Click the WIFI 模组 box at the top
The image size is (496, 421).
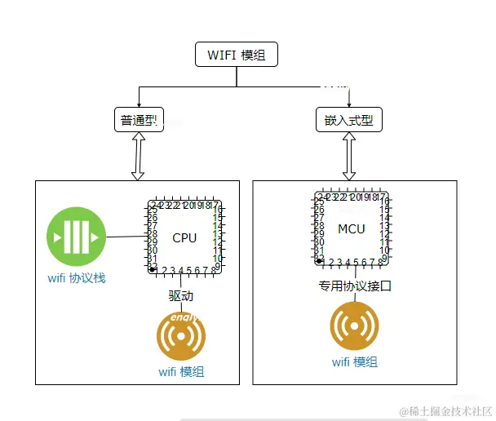pyautogui.click(x=237, y=55)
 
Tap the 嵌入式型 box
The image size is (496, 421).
pyautogui.click(x=348, y=121)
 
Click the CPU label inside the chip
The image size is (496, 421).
pyautogui.click(x=184, y=237)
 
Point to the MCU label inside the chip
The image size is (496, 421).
pyautogui.click(x=352, y=229)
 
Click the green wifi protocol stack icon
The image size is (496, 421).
pyautogui.click(x=77, y=238)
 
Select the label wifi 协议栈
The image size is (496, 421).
pyautogui.click(x=77, y=278)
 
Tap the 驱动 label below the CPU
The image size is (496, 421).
pyautogui.click(x=181, y=295)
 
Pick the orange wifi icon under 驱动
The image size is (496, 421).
pyautogui.click(x=181, y=336)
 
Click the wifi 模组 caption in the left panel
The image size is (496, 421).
pyautogui.click(x=181, y=371)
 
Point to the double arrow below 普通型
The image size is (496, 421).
pyautogui.click(x=137, y=156)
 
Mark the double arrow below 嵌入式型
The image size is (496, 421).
pyautogui.click(x=349, y=156)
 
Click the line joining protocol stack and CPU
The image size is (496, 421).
pyautogui.click(x=126, y=237)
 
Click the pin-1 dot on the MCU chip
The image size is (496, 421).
pyautogui.click(x=320, y=260)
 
